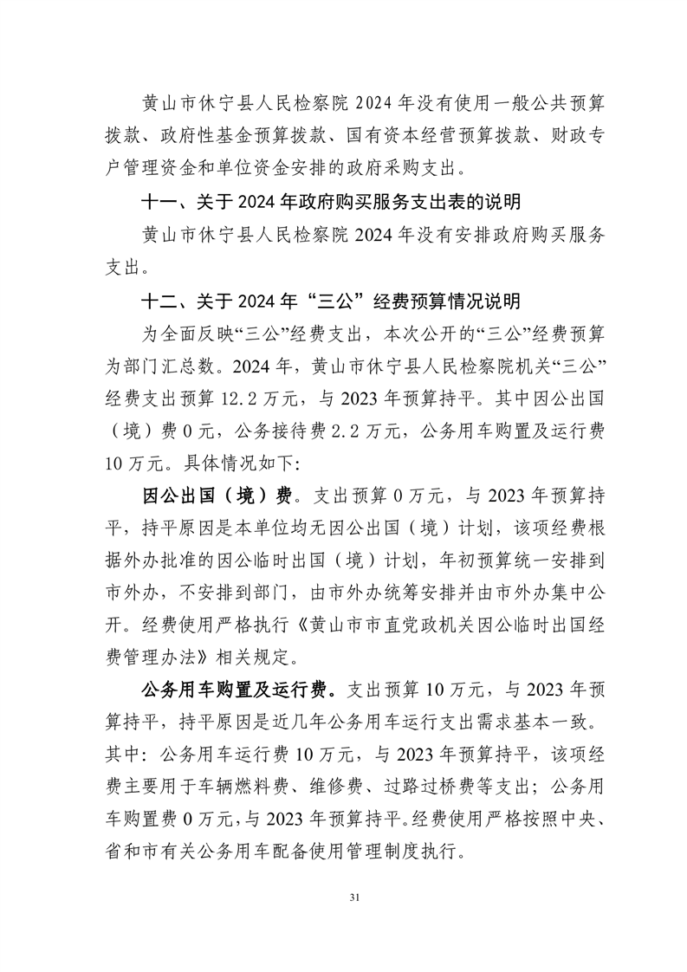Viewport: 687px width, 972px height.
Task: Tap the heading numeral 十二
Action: [x=159, y=302]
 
